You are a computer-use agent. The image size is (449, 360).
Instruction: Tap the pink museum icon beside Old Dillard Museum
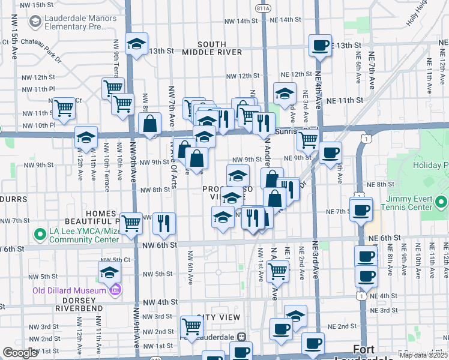[x=115, y=291]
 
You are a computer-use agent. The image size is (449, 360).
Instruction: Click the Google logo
[x=20, y=353]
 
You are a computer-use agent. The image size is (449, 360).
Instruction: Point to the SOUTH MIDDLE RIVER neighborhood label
[x=220, y=48]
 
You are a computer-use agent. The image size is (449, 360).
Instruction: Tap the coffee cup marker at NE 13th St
[x=320, y=45]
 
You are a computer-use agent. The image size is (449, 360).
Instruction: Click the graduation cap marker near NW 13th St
[x=136, y=44]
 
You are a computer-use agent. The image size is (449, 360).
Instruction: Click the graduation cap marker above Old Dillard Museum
[x=110, y=272]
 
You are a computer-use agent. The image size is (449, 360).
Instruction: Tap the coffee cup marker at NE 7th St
[x=361, y=211]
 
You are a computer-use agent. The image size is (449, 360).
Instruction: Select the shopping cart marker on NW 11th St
[x=64, y=109]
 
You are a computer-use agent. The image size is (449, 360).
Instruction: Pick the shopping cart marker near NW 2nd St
[x=191, y=327]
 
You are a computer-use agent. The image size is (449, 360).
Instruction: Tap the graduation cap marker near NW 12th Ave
[x=86, y=137]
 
